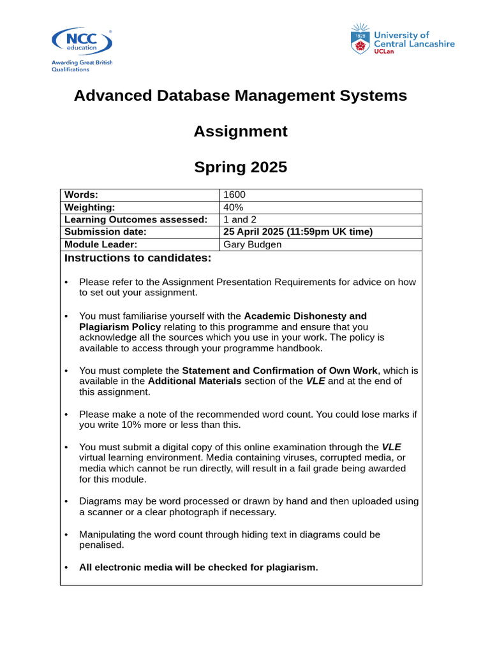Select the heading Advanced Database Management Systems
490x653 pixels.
coord(240,96)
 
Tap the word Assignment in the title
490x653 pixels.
coord(240,131)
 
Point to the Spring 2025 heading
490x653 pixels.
coord(240,168)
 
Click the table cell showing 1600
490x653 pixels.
coord(234,195)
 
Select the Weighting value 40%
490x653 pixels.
coord(233,207)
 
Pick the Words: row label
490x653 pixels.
coord(81,195)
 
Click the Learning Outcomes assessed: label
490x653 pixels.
coord(136,219)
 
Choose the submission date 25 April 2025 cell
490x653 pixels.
coord(297,232)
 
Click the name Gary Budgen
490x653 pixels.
coord(252,245)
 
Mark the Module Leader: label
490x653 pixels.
coord(101,245)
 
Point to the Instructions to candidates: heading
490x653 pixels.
coord(137,258)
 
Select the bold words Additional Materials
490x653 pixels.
coord(195,381)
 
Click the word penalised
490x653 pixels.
coord(101,546)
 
